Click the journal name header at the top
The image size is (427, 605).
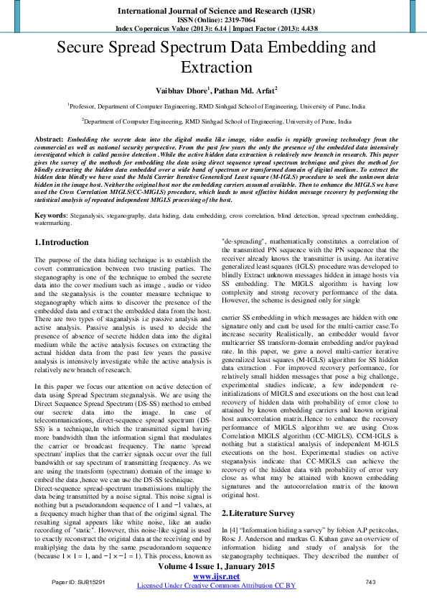(213, 11)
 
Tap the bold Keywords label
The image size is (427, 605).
(51, 215)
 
